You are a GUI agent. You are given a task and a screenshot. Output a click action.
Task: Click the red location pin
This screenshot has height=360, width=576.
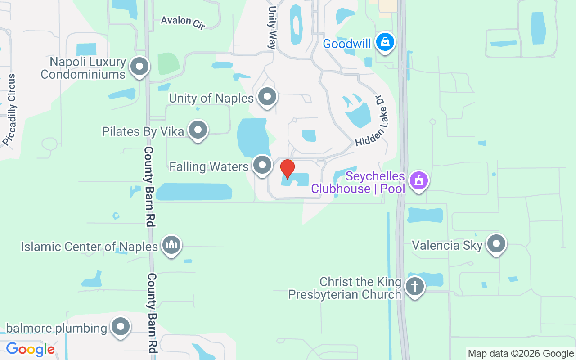click(x=287, y=169)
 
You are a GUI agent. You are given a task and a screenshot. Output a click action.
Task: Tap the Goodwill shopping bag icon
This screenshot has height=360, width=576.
click(x=385, y=42)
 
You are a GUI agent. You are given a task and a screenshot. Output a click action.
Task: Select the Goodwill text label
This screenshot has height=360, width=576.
click(x=347, y=44)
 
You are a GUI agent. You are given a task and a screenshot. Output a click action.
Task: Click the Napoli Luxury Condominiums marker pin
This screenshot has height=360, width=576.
click(x=139, y=67)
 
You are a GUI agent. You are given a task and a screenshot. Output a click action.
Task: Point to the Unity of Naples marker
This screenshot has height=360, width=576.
click(x=267, y=97)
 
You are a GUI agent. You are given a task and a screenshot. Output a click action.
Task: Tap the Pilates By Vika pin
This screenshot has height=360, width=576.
click(x=198, y=130)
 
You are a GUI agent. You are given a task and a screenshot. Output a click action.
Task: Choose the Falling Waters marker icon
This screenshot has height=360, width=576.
click(x=262, y=165)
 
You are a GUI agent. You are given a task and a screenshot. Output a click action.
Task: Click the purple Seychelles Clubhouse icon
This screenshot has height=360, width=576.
click(x=419, y=181)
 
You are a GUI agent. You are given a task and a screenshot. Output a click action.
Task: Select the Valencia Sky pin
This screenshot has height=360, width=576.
click(x=496, y=244)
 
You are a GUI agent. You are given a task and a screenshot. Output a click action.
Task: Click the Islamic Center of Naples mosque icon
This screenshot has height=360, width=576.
click(x=171, y=245)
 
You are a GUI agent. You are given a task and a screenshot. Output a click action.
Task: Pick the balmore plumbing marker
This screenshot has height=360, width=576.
click(x=121, y=327)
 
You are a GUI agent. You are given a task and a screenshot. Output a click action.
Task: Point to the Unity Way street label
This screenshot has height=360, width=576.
click(x=271, y=27)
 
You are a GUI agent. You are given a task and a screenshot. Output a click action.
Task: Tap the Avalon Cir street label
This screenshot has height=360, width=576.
click(x=183, y=22)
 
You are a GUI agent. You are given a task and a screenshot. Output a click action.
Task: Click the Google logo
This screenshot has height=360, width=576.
click(x=30, y=349)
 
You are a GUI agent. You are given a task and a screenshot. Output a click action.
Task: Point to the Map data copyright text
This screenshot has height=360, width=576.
click(x=521, y=354)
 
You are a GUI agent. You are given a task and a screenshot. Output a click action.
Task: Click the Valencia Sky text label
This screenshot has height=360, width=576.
click(x=447, y=246)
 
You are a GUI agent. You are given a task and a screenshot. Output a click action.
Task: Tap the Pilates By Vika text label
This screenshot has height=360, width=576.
click(x=143, y=131)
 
